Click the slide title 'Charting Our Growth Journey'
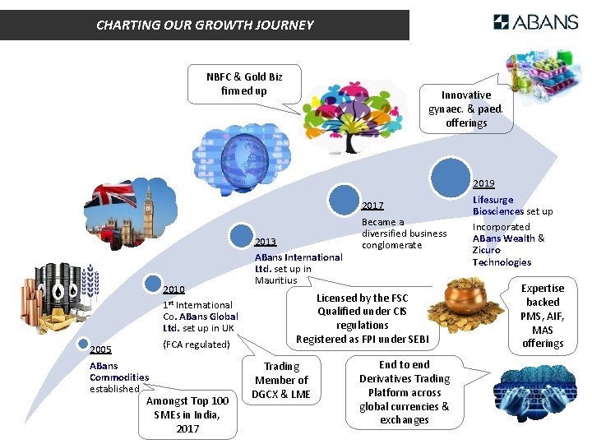tap(205, 25)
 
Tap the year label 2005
tap(100, 349)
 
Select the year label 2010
tap(173, 289)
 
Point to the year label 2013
tap(266, 242)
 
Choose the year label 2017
tap(372, 206)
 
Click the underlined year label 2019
tap(483, 183)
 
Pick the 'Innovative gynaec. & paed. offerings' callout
tap(466, 109)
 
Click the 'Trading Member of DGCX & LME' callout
tap(281, 380)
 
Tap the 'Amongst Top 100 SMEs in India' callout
tap(187, 414)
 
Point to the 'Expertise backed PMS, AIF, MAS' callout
tap(543, 316)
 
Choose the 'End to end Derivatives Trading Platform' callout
tap(404, 392)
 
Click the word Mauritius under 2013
tap(275, 280)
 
